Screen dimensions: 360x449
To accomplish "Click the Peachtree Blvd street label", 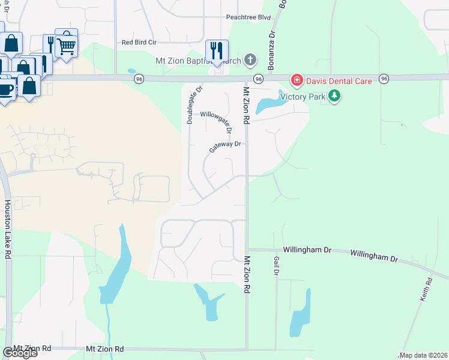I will [249, 17].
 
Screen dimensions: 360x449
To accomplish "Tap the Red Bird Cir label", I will [139, 43].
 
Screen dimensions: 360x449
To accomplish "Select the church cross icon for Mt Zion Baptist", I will [250, 60].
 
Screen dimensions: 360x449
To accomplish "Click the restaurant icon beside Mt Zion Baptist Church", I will [216, 50].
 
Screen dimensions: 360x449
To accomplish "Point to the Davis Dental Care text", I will [339, 80].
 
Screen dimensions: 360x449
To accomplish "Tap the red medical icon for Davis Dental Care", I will [296, 80].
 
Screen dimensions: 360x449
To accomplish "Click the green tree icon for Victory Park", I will [334, 95].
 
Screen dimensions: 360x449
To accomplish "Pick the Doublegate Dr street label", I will [190, 104].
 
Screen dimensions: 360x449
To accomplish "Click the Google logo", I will [20, 353].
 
